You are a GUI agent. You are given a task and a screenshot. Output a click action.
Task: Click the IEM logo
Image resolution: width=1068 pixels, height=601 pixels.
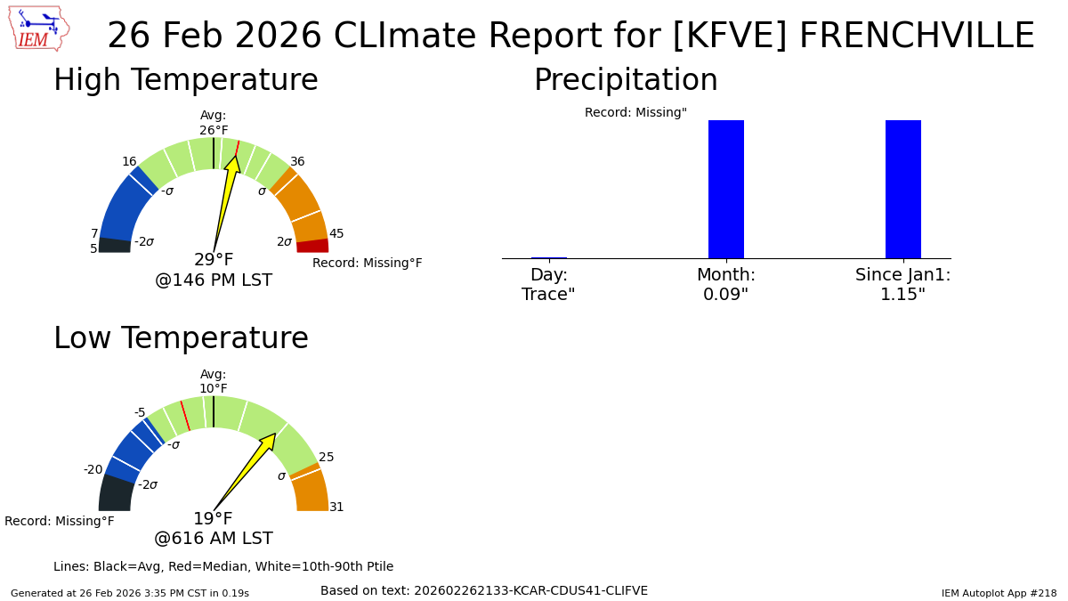coord(39,28)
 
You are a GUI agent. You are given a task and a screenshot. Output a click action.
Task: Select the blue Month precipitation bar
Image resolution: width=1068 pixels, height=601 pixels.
coord(726,190)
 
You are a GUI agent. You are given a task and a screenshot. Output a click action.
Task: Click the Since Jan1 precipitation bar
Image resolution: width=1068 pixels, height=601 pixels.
coord(903,190)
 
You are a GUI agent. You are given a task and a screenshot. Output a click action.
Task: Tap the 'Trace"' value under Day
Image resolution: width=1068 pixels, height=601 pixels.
coord(548,295)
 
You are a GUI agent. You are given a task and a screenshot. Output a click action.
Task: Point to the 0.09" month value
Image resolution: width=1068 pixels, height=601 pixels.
coord(725,295)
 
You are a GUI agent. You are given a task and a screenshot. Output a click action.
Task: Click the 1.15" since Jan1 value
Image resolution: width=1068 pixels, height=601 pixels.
coord(903,295)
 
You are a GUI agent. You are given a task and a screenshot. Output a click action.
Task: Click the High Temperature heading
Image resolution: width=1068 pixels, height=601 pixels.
coord(186,79)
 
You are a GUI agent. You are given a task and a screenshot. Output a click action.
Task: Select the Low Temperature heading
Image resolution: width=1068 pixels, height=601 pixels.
coord(182,338)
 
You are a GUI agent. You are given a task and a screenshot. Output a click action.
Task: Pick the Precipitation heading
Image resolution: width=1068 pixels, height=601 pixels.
coord(626,79)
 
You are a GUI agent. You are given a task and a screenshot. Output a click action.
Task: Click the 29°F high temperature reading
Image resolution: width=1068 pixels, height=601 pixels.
coord(214,259)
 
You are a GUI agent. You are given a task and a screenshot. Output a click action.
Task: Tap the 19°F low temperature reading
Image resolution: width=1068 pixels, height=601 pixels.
coord(213,518)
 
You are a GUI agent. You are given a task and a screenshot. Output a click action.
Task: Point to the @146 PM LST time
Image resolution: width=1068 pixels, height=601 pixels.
coord(214,280)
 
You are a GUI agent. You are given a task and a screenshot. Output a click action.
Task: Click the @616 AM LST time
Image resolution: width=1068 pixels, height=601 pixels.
coord(214,539)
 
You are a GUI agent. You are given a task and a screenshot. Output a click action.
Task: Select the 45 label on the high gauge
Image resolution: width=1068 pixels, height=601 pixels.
coord(336,233)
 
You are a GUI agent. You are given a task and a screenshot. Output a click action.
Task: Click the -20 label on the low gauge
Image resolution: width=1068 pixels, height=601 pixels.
coord(93,470)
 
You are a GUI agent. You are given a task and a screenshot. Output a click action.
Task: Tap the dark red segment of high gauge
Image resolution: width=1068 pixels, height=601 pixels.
coord(312,246)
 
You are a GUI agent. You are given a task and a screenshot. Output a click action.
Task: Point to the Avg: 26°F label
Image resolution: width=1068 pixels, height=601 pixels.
coord(214,123)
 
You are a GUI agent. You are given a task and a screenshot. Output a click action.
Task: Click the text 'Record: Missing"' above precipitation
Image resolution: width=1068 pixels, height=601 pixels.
coord(635,112)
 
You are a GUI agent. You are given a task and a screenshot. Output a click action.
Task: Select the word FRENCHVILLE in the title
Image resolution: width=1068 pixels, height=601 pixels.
coord(917,36)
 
